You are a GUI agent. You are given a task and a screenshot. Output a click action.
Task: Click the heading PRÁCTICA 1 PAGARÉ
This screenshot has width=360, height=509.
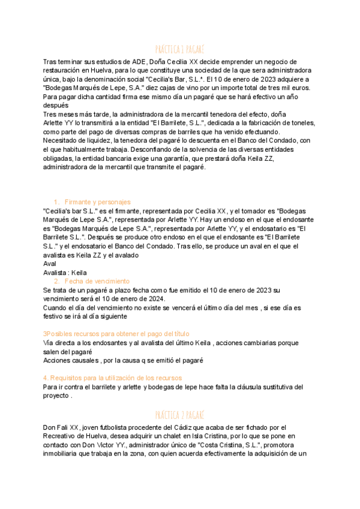(x=179, y=49)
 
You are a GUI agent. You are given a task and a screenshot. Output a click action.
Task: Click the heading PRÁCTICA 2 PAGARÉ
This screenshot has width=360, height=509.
(x=179, y=415)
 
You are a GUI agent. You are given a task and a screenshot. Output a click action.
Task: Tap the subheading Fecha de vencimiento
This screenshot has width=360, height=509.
(x=97, y=281)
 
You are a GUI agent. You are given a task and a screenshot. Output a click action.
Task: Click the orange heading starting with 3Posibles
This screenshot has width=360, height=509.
(x=116, y=334)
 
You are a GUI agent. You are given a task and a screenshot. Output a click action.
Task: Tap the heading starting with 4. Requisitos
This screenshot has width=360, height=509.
(x=112, y=378)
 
